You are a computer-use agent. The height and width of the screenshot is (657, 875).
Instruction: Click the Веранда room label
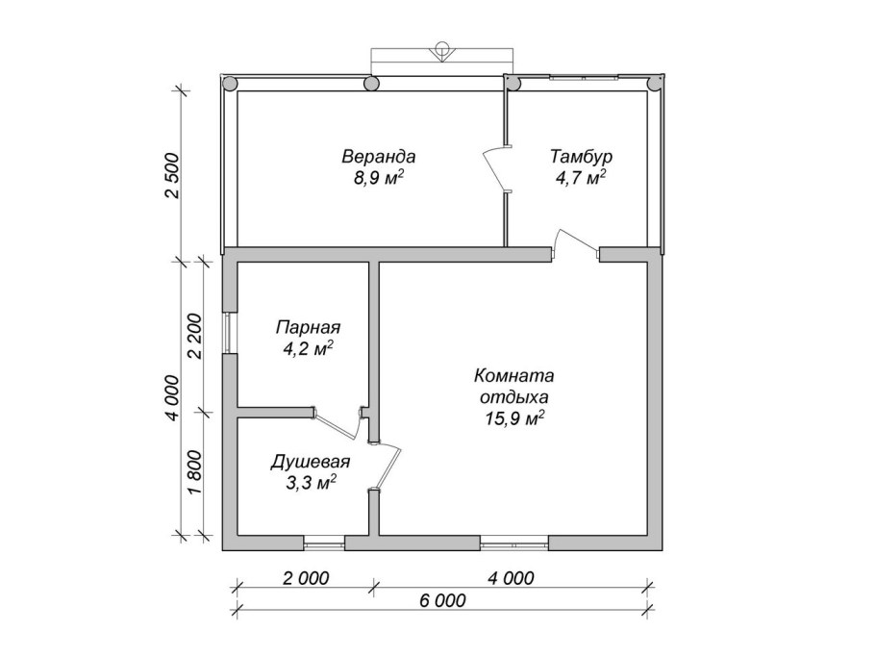pyautogui.click(x=378, y=156)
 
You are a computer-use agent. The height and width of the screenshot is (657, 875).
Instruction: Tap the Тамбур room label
pyautogui.click(x=581, y=156)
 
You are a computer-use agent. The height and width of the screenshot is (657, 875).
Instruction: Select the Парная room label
pyautogui.click(x=308, y=327)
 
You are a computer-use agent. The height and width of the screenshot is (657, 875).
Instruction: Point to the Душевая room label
pyautogui.click(x=311, y=462)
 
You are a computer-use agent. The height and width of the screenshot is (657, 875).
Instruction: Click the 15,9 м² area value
pyautogui.click(x=514, y=418)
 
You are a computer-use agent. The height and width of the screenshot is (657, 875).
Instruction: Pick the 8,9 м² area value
pyautogui.click(x=378, y=178)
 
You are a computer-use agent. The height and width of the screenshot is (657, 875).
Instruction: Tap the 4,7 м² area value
pyautogui.click(x=581, y=178)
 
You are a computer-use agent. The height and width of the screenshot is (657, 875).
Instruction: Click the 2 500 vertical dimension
pyautogui.click(x=173, y=175)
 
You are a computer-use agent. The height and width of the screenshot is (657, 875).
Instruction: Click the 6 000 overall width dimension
pyautogui.click(x=442, y=600)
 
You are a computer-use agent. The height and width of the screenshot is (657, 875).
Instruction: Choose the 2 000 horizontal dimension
pyautogui.click(x=306, y=578)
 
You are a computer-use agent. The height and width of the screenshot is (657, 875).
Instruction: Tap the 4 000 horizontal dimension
pyautogui.click(x=511, y=578)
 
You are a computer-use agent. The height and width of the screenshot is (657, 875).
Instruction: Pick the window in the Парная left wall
pyautogui.click(x=230, y=333)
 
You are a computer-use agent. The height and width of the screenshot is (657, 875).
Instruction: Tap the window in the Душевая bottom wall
pyautogui.click(x=323, y=543)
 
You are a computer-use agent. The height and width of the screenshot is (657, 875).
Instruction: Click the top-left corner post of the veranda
pyautogui.click(x=230, y=84)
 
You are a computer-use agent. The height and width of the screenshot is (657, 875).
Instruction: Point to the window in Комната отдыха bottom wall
pyautogui.click(x=514, y=543)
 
